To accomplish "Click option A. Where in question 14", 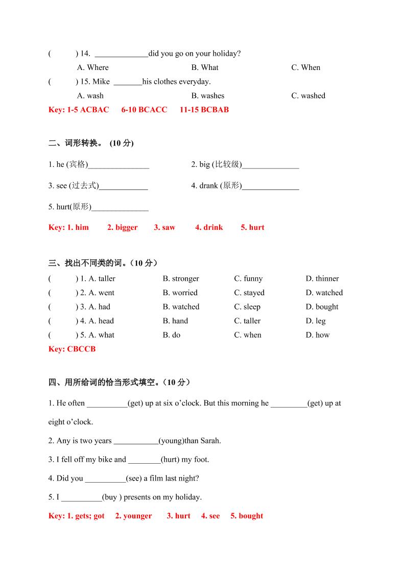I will coord(92,67).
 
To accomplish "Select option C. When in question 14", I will coord(305,67).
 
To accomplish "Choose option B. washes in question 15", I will coord(207,96).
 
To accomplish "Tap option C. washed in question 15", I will coord(308,96).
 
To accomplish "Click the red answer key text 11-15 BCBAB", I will coord(204,109).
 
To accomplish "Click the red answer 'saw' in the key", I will coord(169,227).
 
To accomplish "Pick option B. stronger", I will coord(181,278).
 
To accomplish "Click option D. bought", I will coord(322,307).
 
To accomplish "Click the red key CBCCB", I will coord(81,349).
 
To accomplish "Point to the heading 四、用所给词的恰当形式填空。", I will coord(112,382).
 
